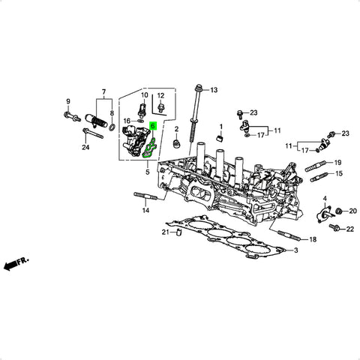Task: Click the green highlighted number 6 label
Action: pos(153,126)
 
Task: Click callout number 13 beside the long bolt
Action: pos(214,90)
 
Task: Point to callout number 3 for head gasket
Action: pos(296,250)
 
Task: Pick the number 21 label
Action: pos(166,232)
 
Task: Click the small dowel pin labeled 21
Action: pos(179,232)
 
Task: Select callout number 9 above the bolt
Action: pos(68,101)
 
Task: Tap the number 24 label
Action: pos(85,148)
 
